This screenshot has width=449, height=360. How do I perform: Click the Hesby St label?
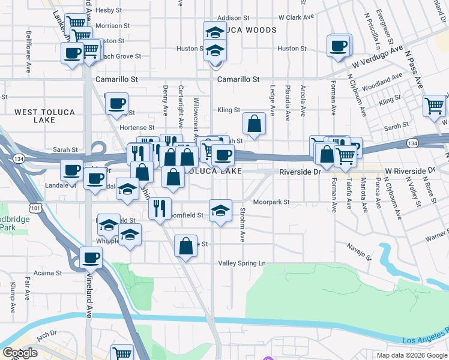coord(109,10)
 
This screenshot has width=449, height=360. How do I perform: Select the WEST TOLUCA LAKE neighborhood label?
coord(43,116)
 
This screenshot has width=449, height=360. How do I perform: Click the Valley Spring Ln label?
coord(241,263)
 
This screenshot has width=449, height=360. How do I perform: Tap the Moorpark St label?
coord(271,202)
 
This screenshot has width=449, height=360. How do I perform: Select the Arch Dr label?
coord(46,333)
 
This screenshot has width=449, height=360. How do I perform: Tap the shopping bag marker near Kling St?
coord(255,124)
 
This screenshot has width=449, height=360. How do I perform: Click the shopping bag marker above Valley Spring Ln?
coord(185,245)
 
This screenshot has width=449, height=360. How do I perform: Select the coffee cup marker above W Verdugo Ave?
coord(339,45)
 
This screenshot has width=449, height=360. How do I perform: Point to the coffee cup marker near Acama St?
coord(91,258)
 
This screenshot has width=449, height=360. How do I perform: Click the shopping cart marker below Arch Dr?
coord(122,353)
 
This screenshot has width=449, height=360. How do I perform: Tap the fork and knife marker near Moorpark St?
coord(159,209)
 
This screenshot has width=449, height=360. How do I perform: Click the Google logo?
coord(20,353)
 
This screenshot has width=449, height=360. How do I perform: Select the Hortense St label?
coord(137,127)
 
